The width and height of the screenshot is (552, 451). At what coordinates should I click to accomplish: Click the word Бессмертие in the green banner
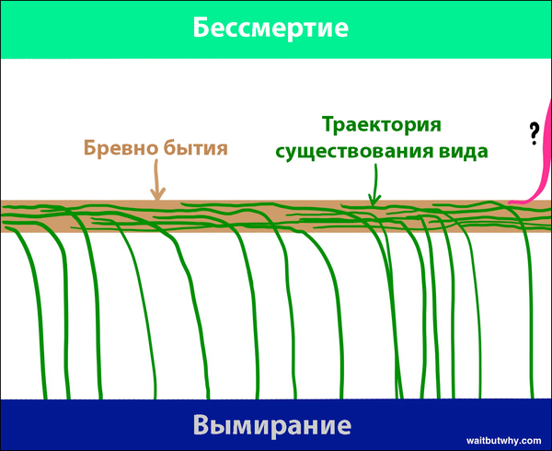(270, 28)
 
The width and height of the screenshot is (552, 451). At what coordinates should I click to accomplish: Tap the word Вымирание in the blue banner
(272, 425)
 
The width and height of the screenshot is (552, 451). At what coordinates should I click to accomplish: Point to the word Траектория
(382, 125)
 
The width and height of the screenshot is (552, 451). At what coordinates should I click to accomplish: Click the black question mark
(534, 133)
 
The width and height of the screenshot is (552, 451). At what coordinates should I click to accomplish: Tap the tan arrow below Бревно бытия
(157, 180)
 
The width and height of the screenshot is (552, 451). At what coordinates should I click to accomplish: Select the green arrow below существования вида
(375, 185)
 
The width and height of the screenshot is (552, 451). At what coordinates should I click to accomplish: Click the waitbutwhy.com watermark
(504, 441)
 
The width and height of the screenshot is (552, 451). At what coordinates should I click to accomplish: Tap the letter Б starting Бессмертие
(200, 28)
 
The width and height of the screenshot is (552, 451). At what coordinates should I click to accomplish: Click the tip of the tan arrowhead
(157, 200)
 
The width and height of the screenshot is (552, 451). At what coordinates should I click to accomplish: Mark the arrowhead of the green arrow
(374, 202)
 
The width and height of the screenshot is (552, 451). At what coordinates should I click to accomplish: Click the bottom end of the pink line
(510, 202)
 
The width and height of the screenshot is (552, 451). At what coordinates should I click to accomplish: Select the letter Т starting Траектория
(328, 125)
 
